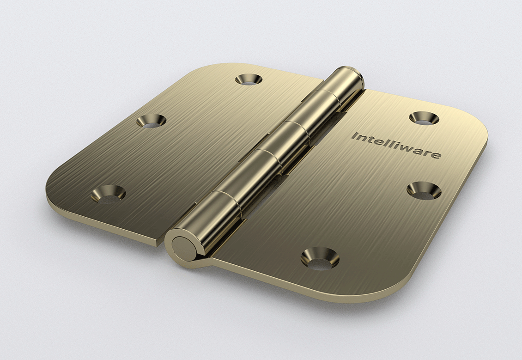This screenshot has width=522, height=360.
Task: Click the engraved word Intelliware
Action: (396, 146)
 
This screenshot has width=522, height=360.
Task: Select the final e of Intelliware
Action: (437, 155)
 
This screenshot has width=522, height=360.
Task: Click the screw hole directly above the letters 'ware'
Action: (424, 118)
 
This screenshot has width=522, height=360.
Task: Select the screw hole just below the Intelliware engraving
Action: (424, 190)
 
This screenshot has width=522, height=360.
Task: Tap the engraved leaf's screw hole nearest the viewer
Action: (320, 258)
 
